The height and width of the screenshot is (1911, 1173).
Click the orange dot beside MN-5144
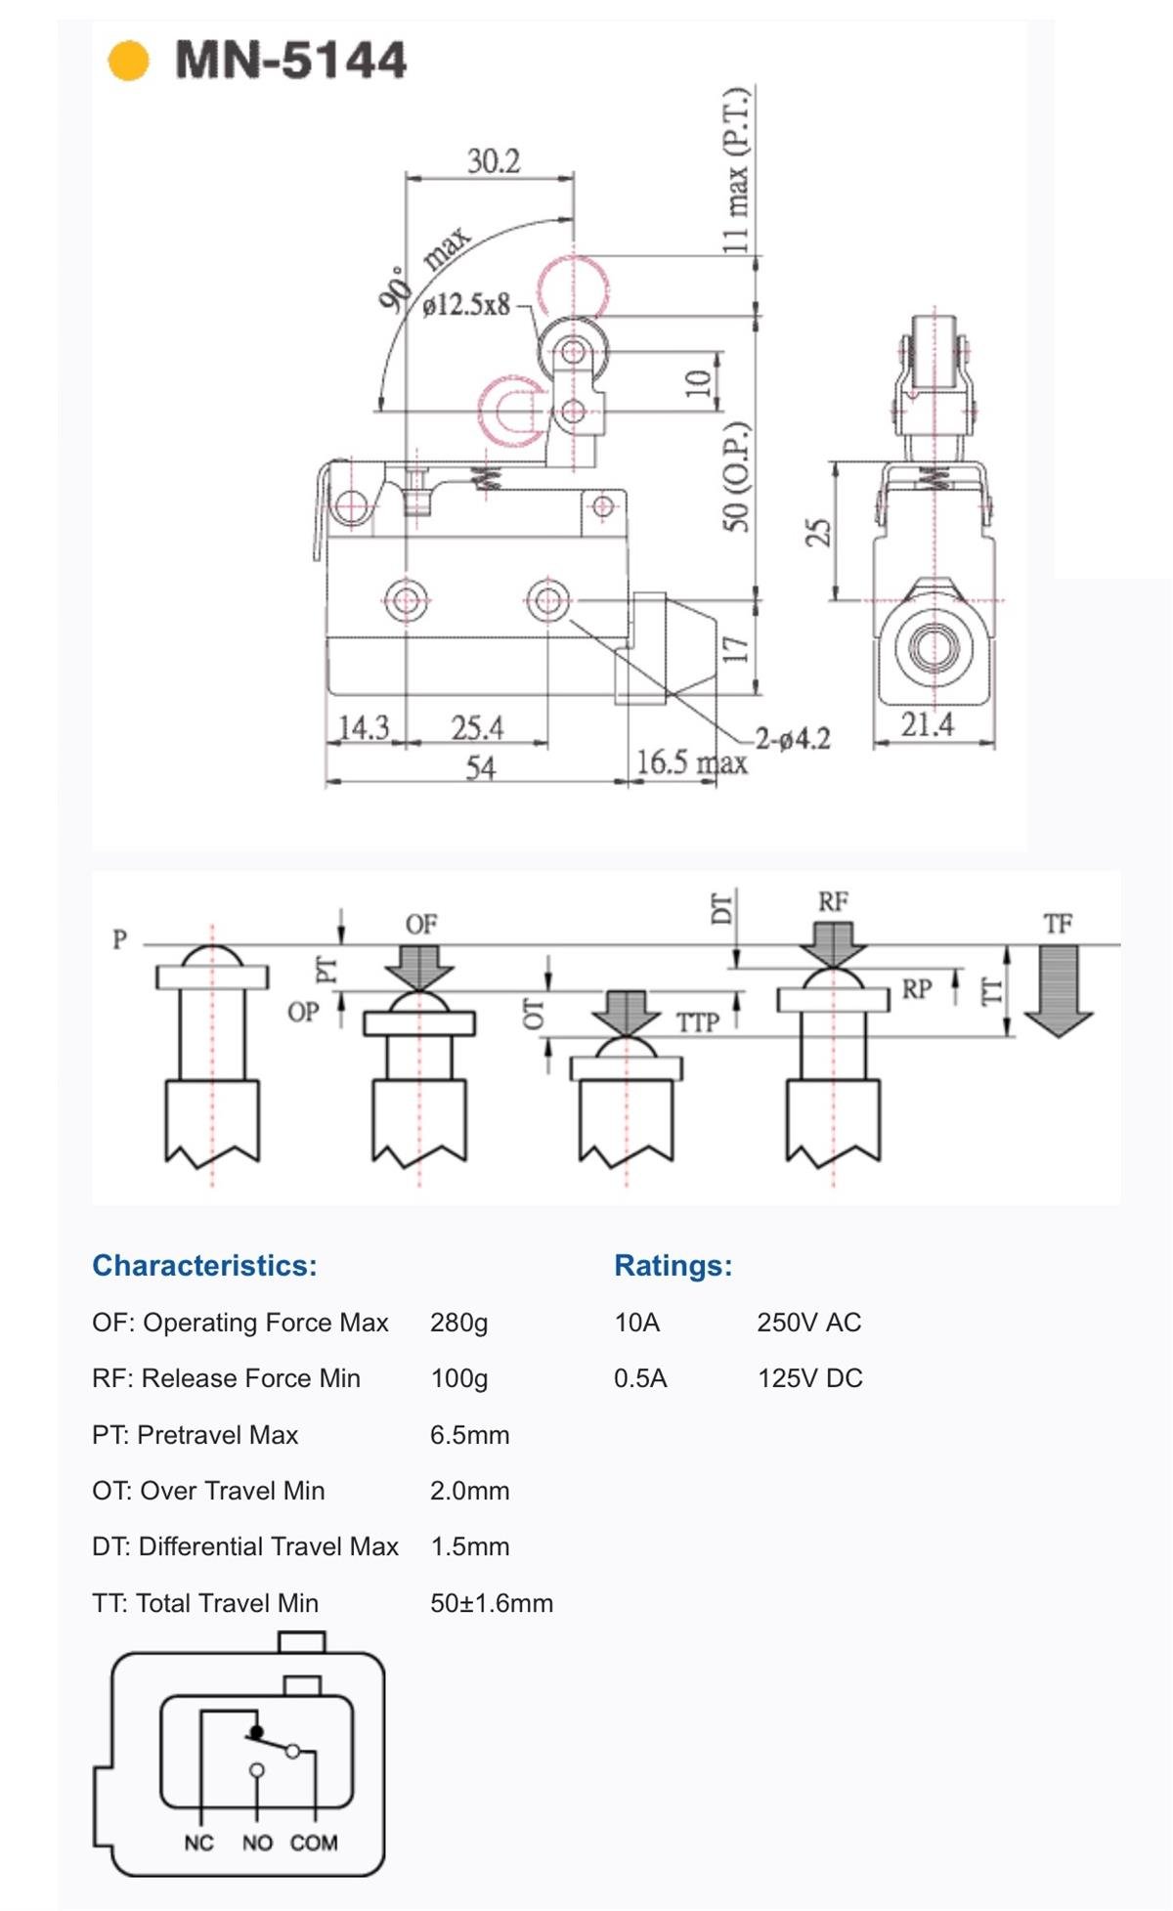128,61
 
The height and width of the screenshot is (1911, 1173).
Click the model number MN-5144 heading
290,61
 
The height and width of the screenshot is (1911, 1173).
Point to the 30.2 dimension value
493,161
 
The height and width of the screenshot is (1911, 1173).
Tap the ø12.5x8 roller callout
466,305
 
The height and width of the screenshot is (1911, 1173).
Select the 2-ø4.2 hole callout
793,739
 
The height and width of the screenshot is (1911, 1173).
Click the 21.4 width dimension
927,724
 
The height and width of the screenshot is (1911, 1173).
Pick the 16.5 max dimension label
691,762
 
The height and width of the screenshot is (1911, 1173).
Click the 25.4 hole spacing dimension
477,728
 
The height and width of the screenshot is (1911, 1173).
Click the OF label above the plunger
421,924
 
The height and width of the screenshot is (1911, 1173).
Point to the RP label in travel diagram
916,989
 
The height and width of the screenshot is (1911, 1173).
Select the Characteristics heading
204,1266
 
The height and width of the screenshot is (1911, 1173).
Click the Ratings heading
673,1266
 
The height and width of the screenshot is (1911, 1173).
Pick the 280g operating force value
458,1323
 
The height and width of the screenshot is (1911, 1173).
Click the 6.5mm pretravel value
469,1435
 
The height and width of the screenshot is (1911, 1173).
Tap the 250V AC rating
808,1323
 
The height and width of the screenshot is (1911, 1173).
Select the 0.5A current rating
640,1378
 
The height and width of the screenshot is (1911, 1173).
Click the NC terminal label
198,1843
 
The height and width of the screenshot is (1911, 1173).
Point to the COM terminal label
314,1843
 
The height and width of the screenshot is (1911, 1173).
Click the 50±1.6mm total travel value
492,1603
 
